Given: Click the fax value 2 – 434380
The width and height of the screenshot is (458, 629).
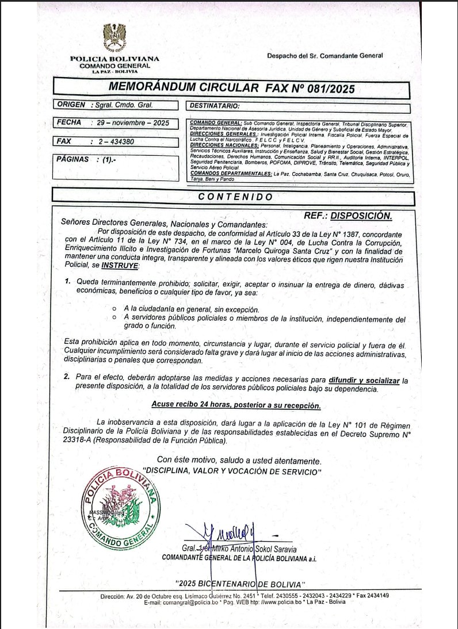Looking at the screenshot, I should [x=118, y=141].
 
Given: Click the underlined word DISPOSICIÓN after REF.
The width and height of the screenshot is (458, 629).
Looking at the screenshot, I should [x=364, y=216].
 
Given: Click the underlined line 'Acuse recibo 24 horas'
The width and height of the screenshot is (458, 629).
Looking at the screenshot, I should [x=236, y=405].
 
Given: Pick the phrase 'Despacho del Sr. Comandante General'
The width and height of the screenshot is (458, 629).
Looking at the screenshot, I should [x=325, y=56].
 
